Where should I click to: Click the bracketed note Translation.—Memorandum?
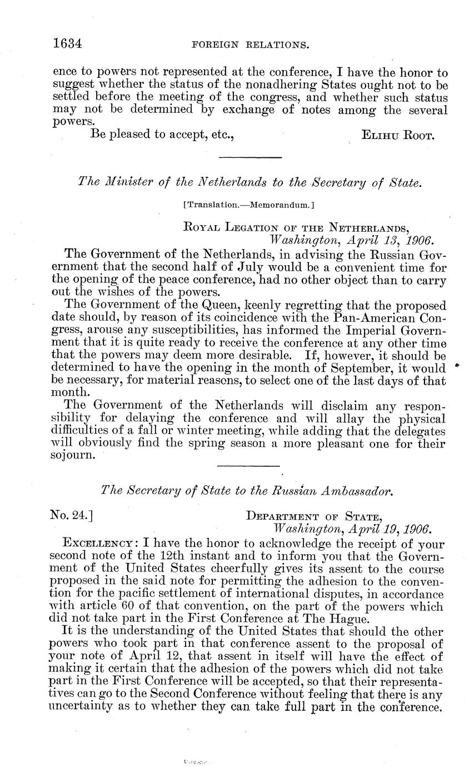coord(249,205)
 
